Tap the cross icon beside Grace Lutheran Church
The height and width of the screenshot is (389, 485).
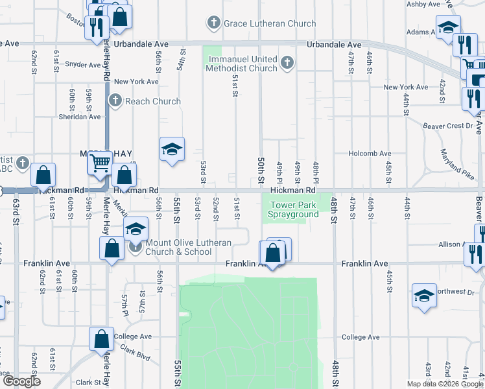[x=213, y=24]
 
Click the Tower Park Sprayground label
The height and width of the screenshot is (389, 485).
[x=294, y=209]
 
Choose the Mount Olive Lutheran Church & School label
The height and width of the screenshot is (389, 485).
[x=180, y=246]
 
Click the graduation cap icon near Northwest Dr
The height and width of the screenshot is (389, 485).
[x=424, y=295]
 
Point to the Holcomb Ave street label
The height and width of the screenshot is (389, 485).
[x=367, y=154]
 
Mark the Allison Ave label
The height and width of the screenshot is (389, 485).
[x=453, y=245]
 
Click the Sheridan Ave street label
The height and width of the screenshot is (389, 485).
[x=80, y=117]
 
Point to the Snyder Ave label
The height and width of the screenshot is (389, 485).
[x=82, y=65]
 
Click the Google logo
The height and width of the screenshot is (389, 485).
[x=21, y=381]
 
